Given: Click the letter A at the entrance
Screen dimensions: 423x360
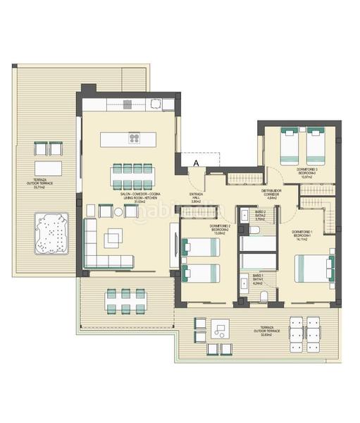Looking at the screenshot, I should (x=197, y=163).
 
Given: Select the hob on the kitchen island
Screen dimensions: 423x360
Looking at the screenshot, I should (x=134, y=138).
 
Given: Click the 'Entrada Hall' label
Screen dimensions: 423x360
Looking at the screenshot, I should (x=197, y=197).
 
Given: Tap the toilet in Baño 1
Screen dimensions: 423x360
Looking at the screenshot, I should (x=264, y=296).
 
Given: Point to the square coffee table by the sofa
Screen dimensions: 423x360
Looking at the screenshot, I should (x=113, y=239).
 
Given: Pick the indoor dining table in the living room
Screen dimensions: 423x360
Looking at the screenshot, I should (x=132, y=173).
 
